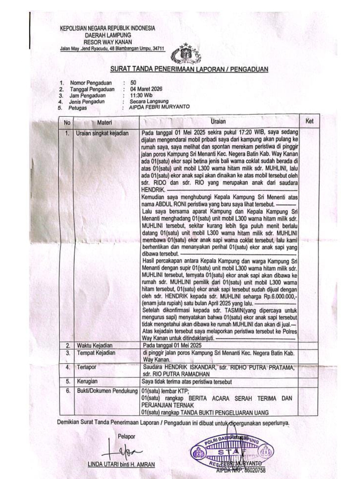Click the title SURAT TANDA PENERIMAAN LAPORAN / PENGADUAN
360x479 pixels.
[x=189, y=69]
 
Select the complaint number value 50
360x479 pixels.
[x=133, y=82]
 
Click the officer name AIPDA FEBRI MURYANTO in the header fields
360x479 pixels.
[x=159, y=107]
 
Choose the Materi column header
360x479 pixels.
[x=104, y=122]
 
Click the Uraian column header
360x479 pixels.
[x=218, y=122]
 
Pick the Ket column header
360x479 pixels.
[x=309, y=121]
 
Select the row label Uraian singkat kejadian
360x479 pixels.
[x=102, y=133]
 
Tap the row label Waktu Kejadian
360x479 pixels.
[x=95, y=345]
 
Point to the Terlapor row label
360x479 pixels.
[x=87, y=367]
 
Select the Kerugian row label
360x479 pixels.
[x=87, y=381]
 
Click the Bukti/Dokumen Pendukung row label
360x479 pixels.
[x=107, y=391]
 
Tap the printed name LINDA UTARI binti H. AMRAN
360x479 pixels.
[x=121, y=464]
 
